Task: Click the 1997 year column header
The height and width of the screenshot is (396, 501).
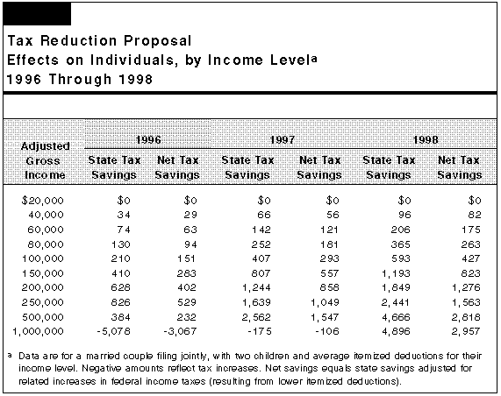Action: tap(283, 140)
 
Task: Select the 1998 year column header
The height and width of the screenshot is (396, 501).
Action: tap(426, 140)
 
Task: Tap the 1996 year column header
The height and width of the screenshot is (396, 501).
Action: tap(148, 140)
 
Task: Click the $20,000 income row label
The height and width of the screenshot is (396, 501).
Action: tap(43, 201)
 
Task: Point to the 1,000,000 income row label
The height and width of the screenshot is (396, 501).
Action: tap(38, 331)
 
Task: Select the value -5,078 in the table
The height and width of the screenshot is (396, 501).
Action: tap(114, 331)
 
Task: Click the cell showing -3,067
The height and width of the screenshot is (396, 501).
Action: tap(180, 331)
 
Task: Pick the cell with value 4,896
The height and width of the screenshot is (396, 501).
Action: tap(396, 331)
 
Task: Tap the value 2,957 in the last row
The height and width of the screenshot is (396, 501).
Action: tap(466, 331)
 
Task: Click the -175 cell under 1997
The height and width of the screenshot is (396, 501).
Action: tap(260, 331)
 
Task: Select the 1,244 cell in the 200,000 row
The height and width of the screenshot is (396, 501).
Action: tap(256, 287)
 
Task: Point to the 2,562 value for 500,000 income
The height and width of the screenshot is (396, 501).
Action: tap(256, 317)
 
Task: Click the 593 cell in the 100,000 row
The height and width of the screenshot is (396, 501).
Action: tap(401, 258)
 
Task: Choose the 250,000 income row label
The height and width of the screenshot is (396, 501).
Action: tap(42, 302)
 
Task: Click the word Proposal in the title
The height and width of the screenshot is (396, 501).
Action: tap(158, 41)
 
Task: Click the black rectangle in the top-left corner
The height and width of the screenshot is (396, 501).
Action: tap(37, 14)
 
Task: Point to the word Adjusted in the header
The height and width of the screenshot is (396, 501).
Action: tap(45, 146)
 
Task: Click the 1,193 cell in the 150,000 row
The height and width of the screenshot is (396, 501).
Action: tap(396, 273)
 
